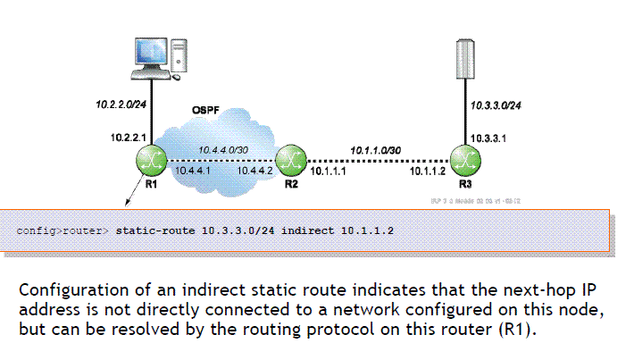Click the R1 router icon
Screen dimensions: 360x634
[150, 161]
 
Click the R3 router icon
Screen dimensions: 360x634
[461, 161]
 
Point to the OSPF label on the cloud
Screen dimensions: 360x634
[206, 110]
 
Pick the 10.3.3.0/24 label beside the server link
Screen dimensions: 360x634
[496, 106]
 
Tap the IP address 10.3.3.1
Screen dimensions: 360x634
[488, 138]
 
